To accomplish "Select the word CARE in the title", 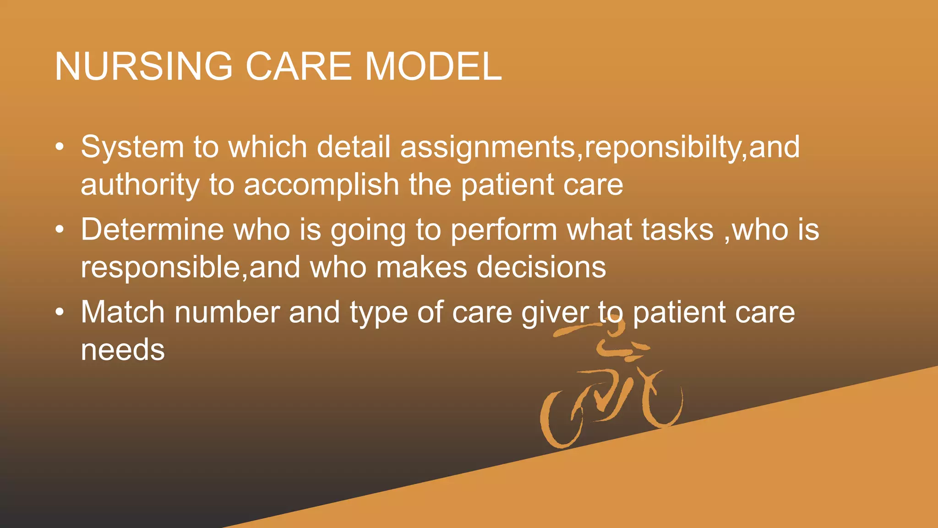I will pos(299,66).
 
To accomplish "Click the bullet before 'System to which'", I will pos(60,148).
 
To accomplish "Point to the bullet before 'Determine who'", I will pos(60,230).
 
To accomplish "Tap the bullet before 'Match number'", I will pos(60,313).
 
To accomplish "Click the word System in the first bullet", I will pos(132,148).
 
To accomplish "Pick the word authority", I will pos(140,185).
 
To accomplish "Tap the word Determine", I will pos(152,230).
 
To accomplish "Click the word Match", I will pos(122,312).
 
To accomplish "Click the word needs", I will pos(122,350).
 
